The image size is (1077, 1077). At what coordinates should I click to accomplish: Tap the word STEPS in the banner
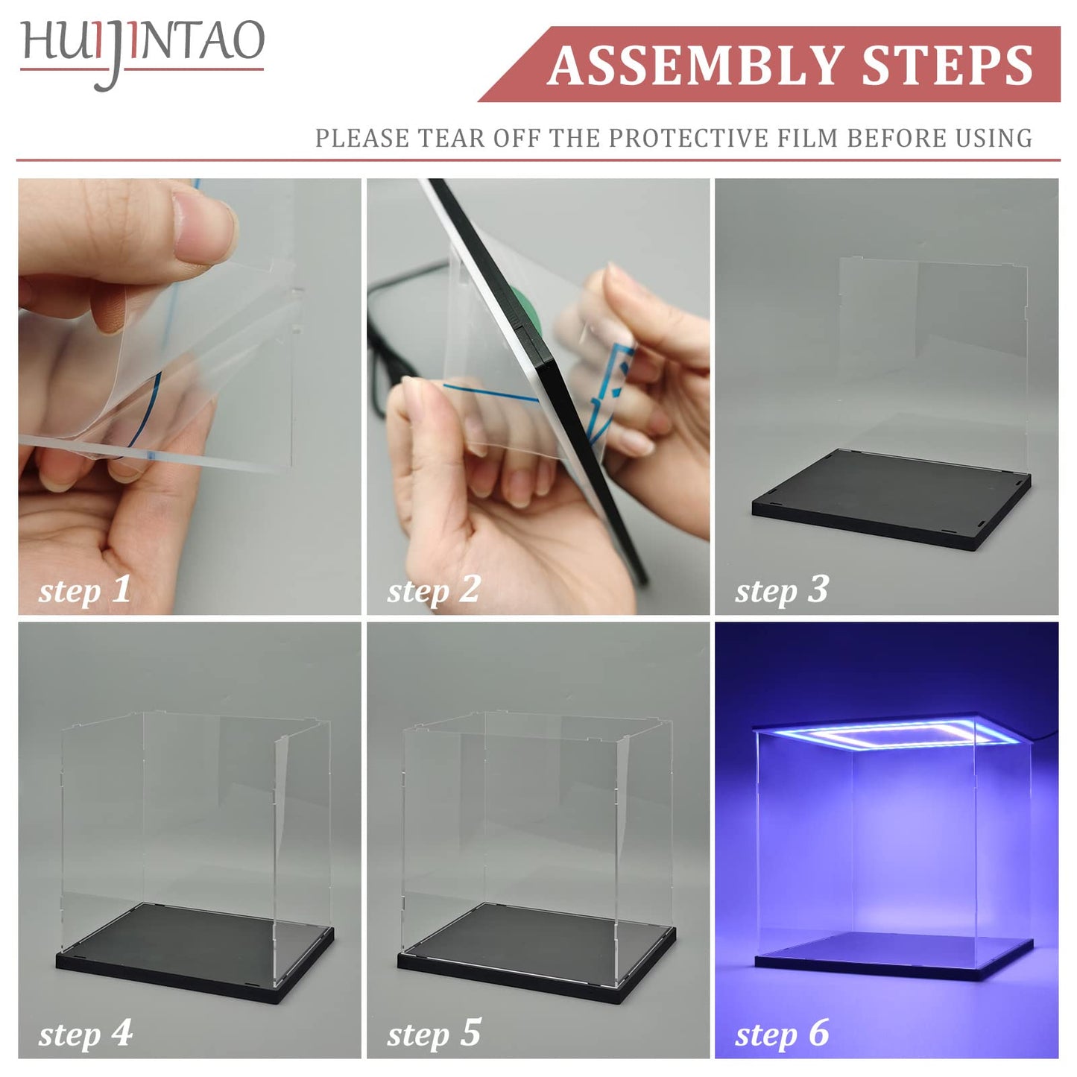947,66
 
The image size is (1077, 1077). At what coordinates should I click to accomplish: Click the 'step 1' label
85,590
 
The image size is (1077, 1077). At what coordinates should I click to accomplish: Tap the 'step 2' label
434,590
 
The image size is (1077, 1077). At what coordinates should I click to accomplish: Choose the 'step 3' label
782,590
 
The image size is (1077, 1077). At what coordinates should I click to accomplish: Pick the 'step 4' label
85,1035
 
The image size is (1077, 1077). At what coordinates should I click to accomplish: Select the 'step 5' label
434,1035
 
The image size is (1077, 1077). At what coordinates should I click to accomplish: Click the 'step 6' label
782,1035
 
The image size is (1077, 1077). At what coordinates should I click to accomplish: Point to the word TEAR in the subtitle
454,139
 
